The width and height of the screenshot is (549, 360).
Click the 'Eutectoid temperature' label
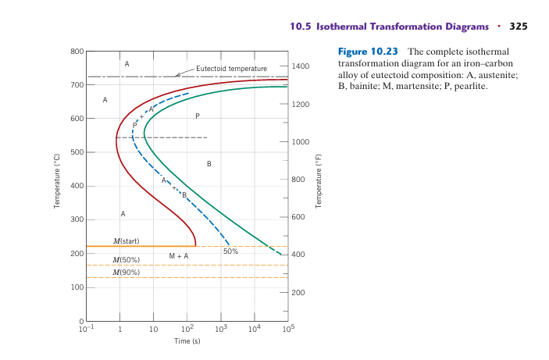[231, 69]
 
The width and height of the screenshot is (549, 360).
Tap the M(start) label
[127, 241]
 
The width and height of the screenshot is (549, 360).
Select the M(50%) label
[127, 259]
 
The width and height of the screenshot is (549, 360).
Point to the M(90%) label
[127, 272]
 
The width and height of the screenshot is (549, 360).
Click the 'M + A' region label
[178, 256]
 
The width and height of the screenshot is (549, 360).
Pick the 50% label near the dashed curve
[230, 251]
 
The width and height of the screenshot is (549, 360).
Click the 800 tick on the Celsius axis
[77, 52]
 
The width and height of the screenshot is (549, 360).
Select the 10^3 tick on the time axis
[220, 330]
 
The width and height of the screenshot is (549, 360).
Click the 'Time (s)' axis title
[187, 341]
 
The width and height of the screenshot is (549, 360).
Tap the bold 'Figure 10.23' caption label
[367, 52]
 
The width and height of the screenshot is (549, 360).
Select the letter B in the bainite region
[209, 164]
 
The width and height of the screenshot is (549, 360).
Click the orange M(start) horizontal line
[141, 246]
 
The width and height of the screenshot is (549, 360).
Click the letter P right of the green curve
[197, 116]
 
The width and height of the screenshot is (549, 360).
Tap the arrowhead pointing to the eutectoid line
[178, 75]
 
